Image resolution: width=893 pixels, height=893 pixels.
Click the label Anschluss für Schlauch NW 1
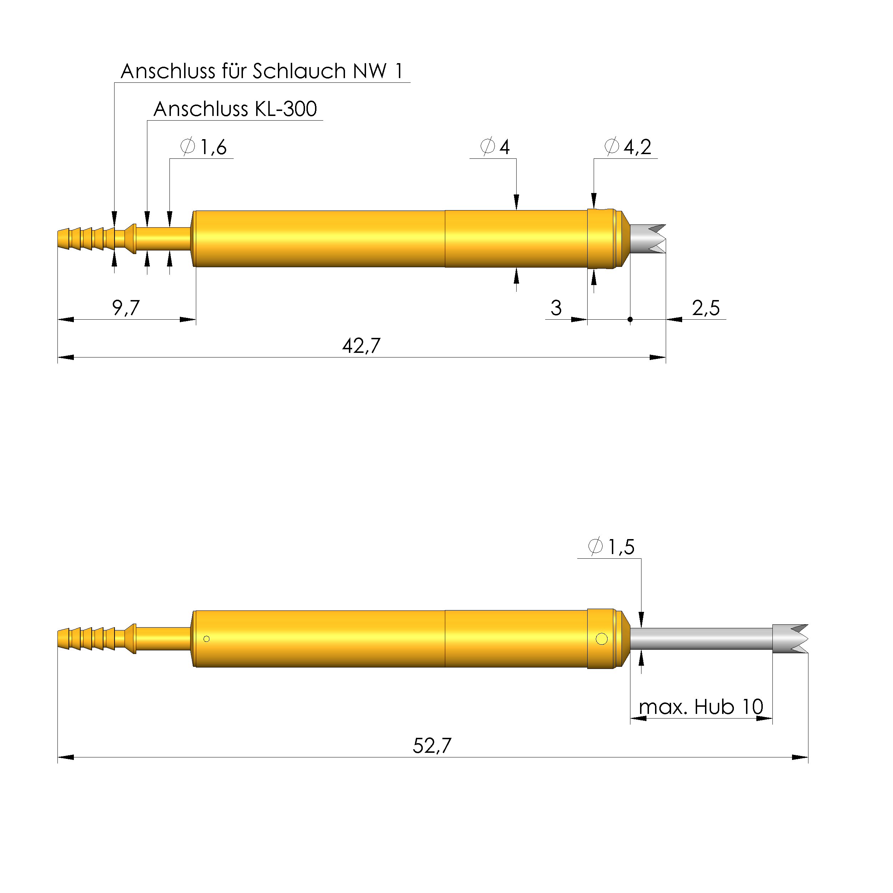(262, 71)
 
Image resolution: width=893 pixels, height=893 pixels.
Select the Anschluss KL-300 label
(235, 109)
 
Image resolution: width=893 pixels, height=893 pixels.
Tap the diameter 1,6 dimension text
(204, 147)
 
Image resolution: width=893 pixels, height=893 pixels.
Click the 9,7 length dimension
(125, 308)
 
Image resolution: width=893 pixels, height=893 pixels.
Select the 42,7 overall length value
(361, 346)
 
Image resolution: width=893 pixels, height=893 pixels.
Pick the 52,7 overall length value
(432, 746)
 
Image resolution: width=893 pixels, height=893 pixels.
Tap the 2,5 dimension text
(706, 308)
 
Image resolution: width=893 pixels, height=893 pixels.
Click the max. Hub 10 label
(701, 707)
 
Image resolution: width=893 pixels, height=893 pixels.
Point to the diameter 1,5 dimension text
(612, 547)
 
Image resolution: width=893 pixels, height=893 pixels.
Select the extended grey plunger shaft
(700, 639)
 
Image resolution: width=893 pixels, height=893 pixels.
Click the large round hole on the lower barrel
(602, 639)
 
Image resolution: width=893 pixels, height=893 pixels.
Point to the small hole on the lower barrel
(207, 639)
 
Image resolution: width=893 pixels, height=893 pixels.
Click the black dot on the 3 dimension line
(630, 319)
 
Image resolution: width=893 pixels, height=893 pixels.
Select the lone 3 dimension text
(556, 308)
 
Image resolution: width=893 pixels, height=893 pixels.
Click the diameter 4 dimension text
(496, 147)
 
